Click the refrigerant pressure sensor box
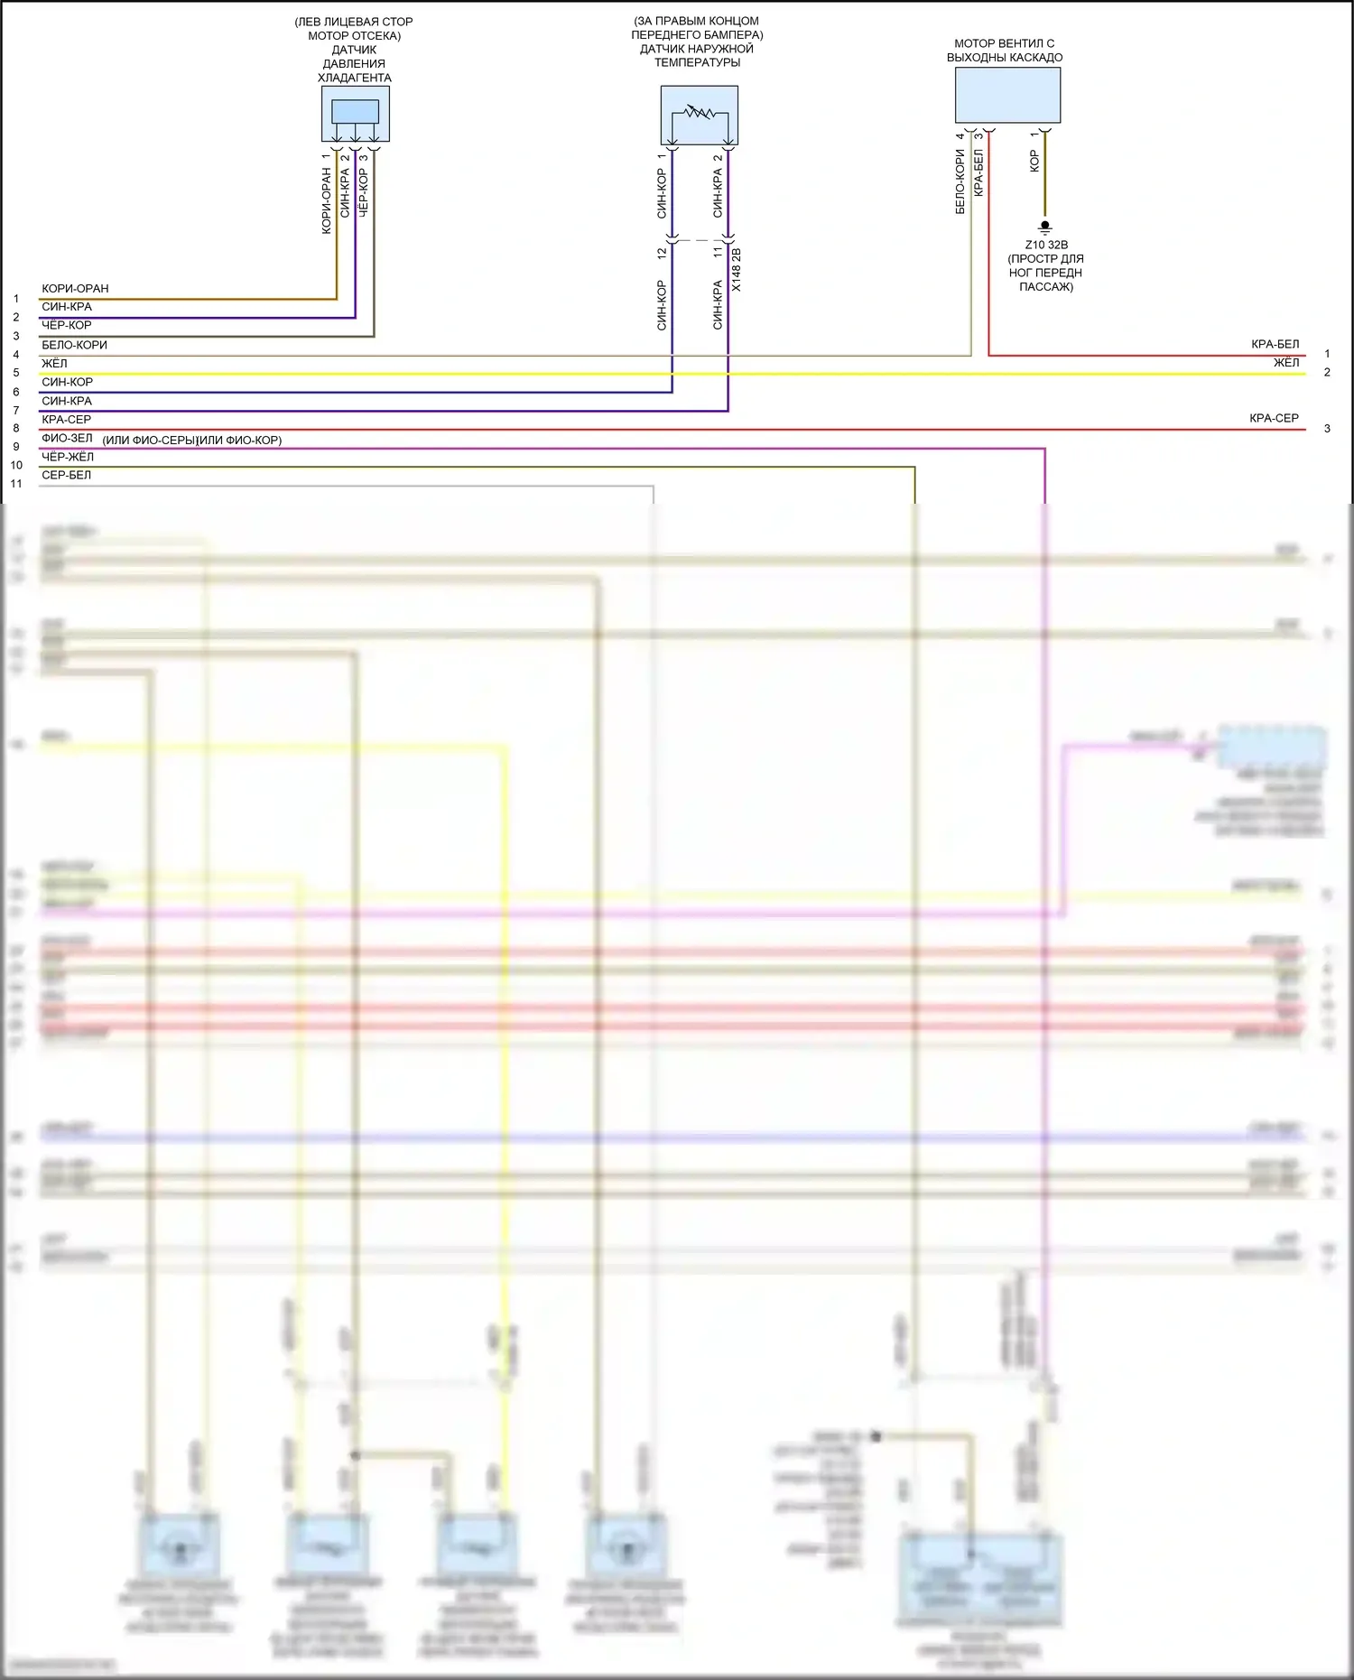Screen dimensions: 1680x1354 (356, 114)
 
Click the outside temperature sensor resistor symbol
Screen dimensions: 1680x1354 (700, 114)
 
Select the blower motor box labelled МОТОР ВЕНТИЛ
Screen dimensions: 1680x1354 (1007, 95)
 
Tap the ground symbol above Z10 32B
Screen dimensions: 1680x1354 (1045, 227)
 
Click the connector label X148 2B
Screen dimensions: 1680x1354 (737, 270)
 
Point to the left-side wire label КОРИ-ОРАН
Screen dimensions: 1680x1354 (75, 289)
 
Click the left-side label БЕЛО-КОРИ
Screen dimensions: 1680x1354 (74, 345)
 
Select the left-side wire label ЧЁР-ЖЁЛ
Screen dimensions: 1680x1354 (68, 457)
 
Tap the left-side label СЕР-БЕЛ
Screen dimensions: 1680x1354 (66, 475)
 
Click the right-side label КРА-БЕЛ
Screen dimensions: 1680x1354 (1275, 344)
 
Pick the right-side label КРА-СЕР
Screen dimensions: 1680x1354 (1274, 418)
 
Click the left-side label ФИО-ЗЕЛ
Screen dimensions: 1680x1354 (67, 438)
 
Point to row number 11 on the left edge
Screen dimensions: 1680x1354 (16, 484)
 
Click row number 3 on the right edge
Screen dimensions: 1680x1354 (1327, 428)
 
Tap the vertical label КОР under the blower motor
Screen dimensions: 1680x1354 (1034, 162)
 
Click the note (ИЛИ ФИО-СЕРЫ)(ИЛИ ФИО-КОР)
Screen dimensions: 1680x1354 (192, 441)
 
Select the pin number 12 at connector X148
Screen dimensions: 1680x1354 (662, 254)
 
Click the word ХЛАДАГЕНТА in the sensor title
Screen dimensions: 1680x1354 (355, 78)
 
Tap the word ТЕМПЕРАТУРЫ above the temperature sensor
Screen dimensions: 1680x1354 (697, 62)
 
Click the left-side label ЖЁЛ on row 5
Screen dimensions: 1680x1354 (54, 363)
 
